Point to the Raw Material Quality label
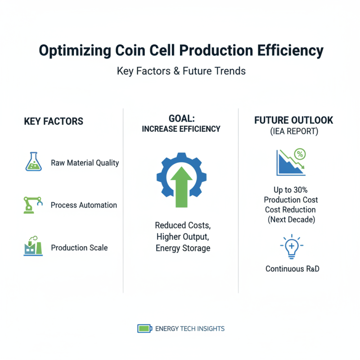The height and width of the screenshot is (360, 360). [85, 162]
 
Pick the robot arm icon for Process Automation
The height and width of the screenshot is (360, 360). [32, 204]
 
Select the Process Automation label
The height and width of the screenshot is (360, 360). [84, 205]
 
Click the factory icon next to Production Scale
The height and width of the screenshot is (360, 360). [32, 247]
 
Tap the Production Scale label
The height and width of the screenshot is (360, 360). [79, 248]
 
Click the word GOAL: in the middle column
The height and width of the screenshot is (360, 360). [181, 119]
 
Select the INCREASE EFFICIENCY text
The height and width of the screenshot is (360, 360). [181, 129]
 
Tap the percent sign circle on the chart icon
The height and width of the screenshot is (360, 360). [300, 154]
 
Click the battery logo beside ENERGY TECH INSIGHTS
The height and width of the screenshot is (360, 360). [144, 328]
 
